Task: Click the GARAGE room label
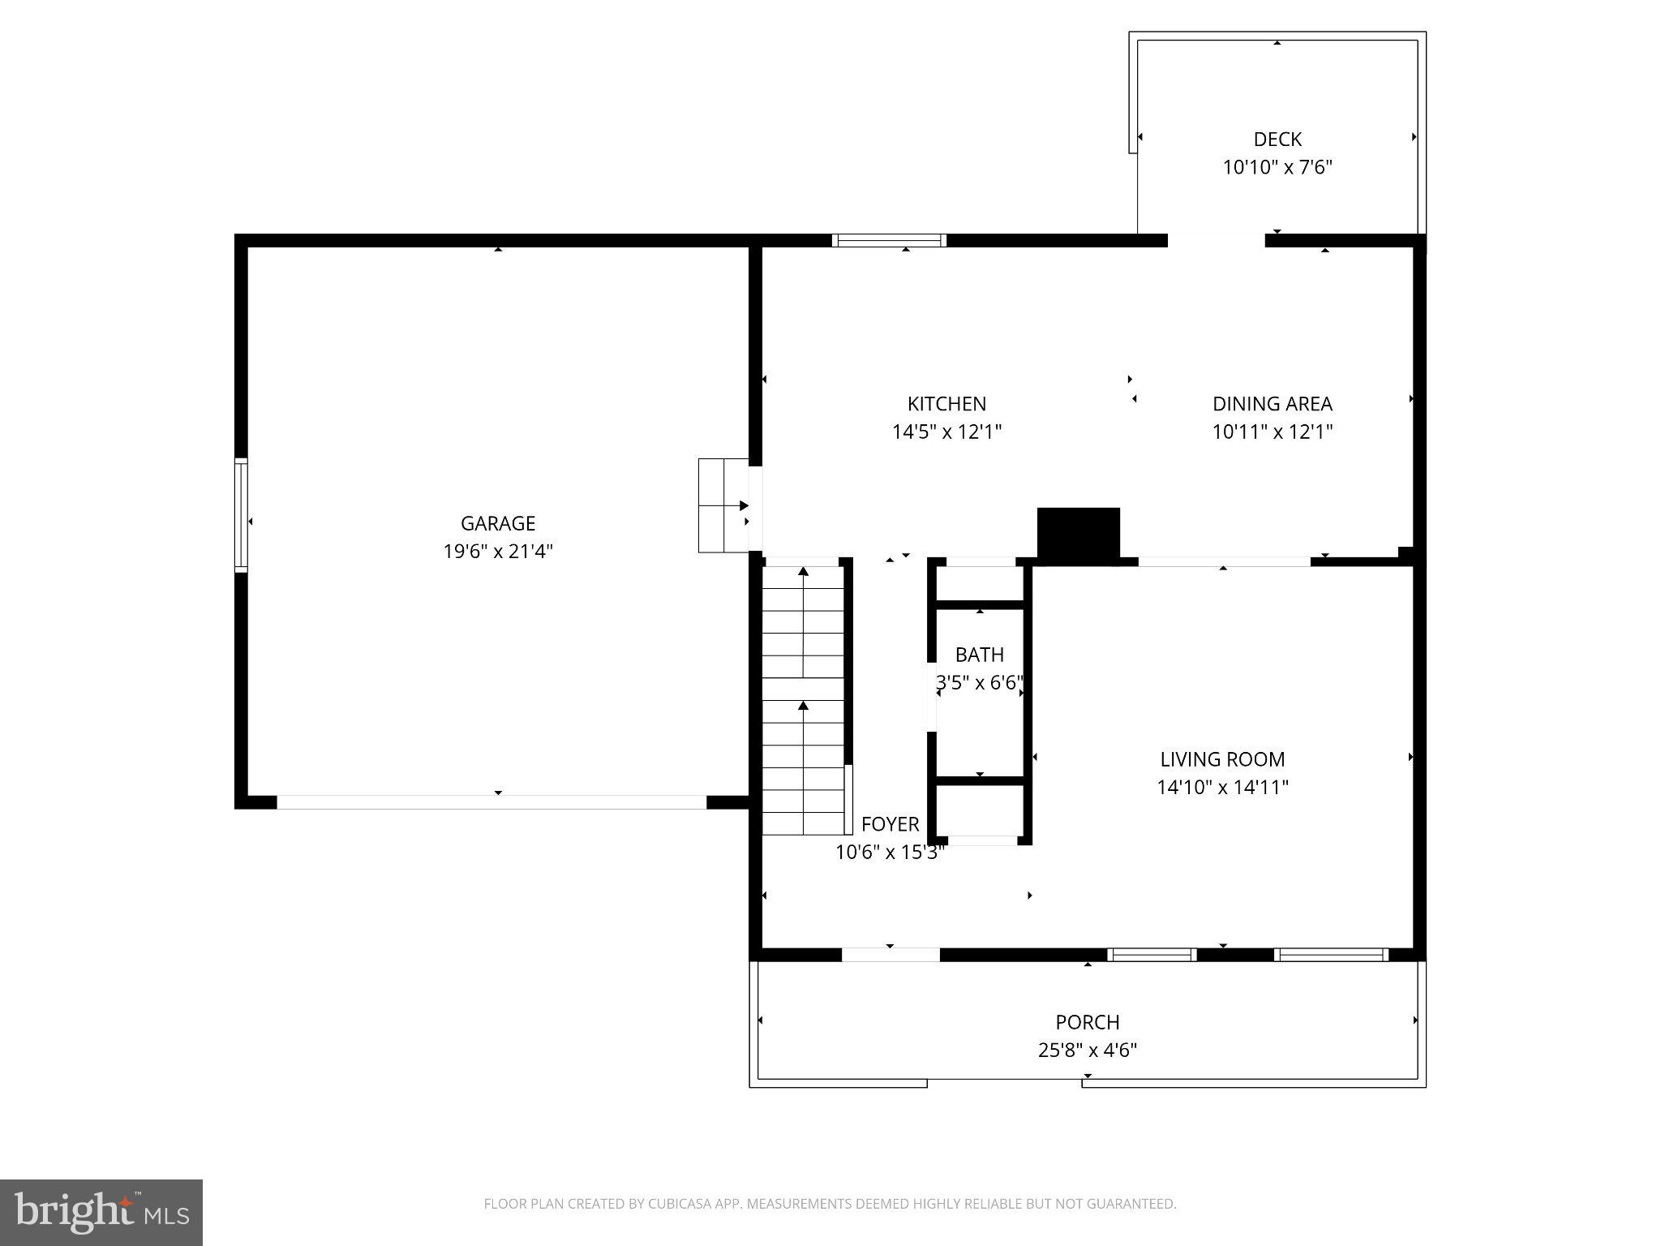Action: pos(498,523)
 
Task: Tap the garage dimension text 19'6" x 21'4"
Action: pos(498,552)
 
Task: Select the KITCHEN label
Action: pos(946,404)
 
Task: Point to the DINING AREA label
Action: pos(1272,404)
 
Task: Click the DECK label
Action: pos(1277,140)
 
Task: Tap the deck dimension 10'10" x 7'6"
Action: pos(1277,168)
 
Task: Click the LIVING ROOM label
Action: pos(1222,759)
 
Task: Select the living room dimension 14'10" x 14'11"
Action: pos(1222,787)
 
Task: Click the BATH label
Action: pos(979,655)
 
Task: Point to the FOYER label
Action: pos(890,824)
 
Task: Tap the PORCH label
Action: pos(1087,1022)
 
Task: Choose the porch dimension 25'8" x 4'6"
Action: pos(1087,1051)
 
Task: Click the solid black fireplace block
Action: pos(1078,534)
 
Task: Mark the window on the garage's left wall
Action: pos(241,515)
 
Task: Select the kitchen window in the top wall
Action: pos(890,240)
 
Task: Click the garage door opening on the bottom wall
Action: pos(491,802)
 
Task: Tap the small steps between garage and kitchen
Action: pos(723,505)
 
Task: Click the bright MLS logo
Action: pos(101,1212)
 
